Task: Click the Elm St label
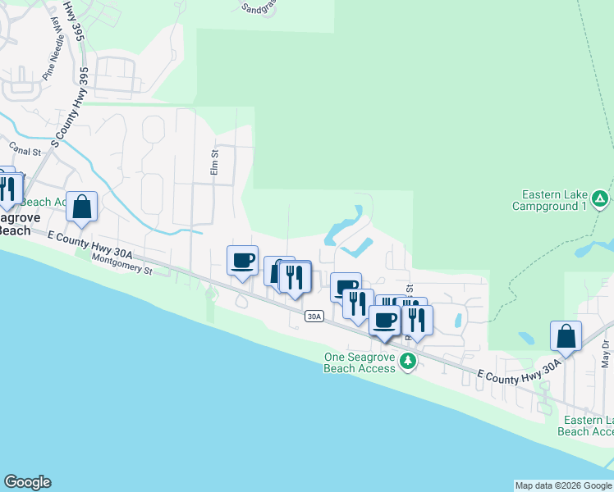coord(214,162)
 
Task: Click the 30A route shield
coord(313,316)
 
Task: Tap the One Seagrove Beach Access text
coord(359,362)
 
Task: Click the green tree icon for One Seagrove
coord(406,361)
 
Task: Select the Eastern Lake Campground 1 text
coord(555,200)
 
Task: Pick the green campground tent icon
coord(601,198)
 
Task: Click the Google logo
coord(27,482)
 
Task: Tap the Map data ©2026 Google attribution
coord(563,485)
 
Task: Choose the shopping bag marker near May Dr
coord(566,335)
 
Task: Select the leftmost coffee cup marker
coord(242,260)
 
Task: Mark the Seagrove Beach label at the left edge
coord(15,224)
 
